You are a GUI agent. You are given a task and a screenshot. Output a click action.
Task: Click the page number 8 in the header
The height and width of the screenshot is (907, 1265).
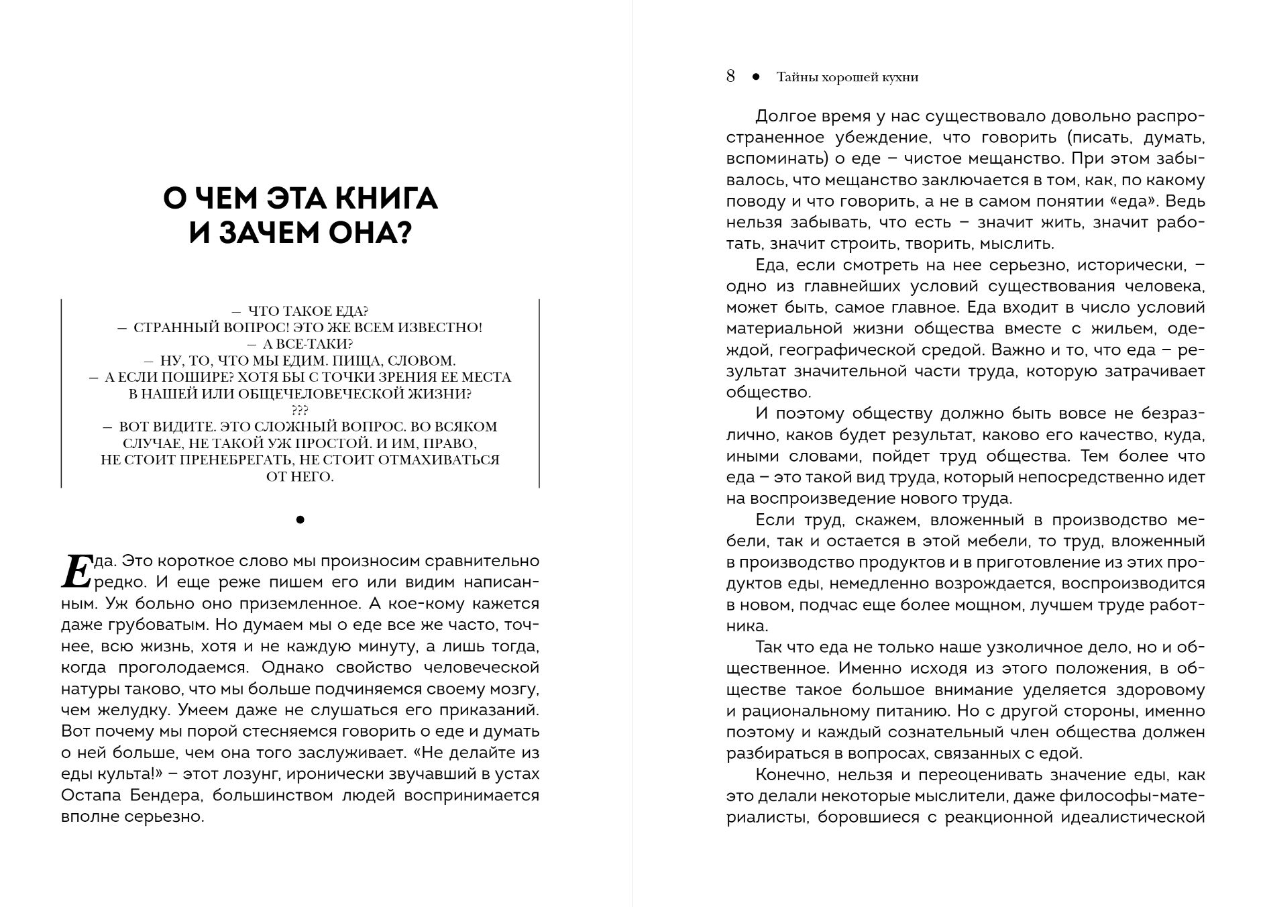tap(730, 76)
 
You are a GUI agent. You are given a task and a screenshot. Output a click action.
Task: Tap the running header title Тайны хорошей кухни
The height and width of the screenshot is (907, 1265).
tap(847, 78)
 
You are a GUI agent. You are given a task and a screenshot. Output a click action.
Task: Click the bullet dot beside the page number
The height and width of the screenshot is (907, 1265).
tap(756, 77)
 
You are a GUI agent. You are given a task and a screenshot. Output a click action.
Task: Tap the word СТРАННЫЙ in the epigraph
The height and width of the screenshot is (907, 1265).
tap(170, 328)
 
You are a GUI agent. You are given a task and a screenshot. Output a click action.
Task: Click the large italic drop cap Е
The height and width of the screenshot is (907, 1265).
tap(76, 571)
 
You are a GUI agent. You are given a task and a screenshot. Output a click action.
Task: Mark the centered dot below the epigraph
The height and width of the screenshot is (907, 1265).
tap(300, 519)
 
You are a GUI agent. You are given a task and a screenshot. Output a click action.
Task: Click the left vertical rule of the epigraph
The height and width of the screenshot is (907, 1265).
tap(61, 394)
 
